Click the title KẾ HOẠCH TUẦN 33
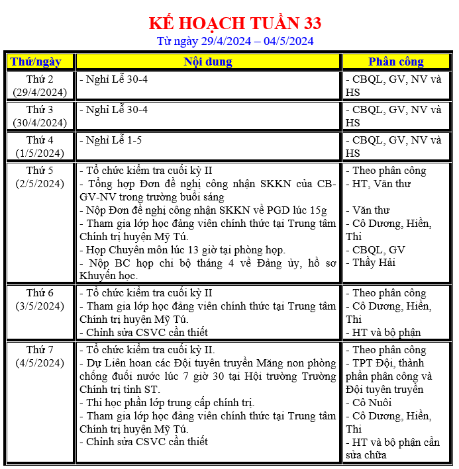tap(234, 23)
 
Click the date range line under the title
tap(234, 41)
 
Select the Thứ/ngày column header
tap(35, 62)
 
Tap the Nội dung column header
tap(208, 62)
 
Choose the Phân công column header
tap(395, 62)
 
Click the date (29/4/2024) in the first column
tap(40, 92)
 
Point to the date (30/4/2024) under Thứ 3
tap(40, 122)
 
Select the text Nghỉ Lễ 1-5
tap(113, 140)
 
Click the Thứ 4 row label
tap(40, 140)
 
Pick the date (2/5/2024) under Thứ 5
tap(40, 183)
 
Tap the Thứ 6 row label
tap(40, 293)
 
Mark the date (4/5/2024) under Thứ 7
tap(40, 362)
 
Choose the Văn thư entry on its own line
tap(371, 210)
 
